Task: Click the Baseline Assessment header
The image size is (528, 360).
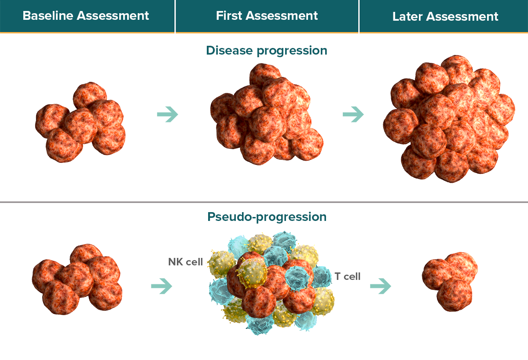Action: (x=85, y=16)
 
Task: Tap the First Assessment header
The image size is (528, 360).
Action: (x=267, y=16)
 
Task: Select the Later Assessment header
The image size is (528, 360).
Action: (x=445, y=16)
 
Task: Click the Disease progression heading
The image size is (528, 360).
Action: (x=267, y=51)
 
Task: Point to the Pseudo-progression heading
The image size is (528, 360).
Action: (x=267, y=217)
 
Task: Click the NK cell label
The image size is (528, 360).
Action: (x=185, y=262)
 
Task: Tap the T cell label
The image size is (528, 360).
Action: (x=348, y=276)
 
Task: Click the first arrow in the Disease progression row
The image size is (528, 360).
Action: (x=168, y=114)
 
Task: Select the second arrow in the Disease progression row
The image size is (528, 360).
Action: (x=353, y=114)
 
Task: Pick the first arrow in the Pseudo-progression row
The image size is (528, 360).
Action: (x=162, y=286)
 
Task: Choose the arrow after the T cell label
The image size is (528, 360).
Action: (x=381, y=286)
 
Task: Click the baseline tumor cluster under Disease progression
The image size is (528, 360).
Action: (x=80, y=122)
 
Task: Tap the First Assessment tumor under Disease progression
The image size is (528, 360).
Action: (x=267, y=114)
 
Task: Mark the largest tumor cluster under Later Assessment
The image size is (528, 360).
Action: (x=449, y=119)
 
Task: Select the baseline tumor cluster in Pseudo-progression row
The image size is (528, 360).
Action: (x=77, y=279)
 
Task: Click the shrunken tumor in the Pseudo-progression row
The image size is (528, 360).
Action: (x=450, y=282)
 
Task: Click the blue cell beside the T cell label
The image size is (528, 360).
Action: (x=321, y=277)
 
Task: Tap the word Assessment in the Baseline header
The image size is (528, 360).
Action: (x=113, y=16)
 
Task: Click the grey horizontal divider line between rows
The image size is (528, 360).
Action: (x=264, y=202)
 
